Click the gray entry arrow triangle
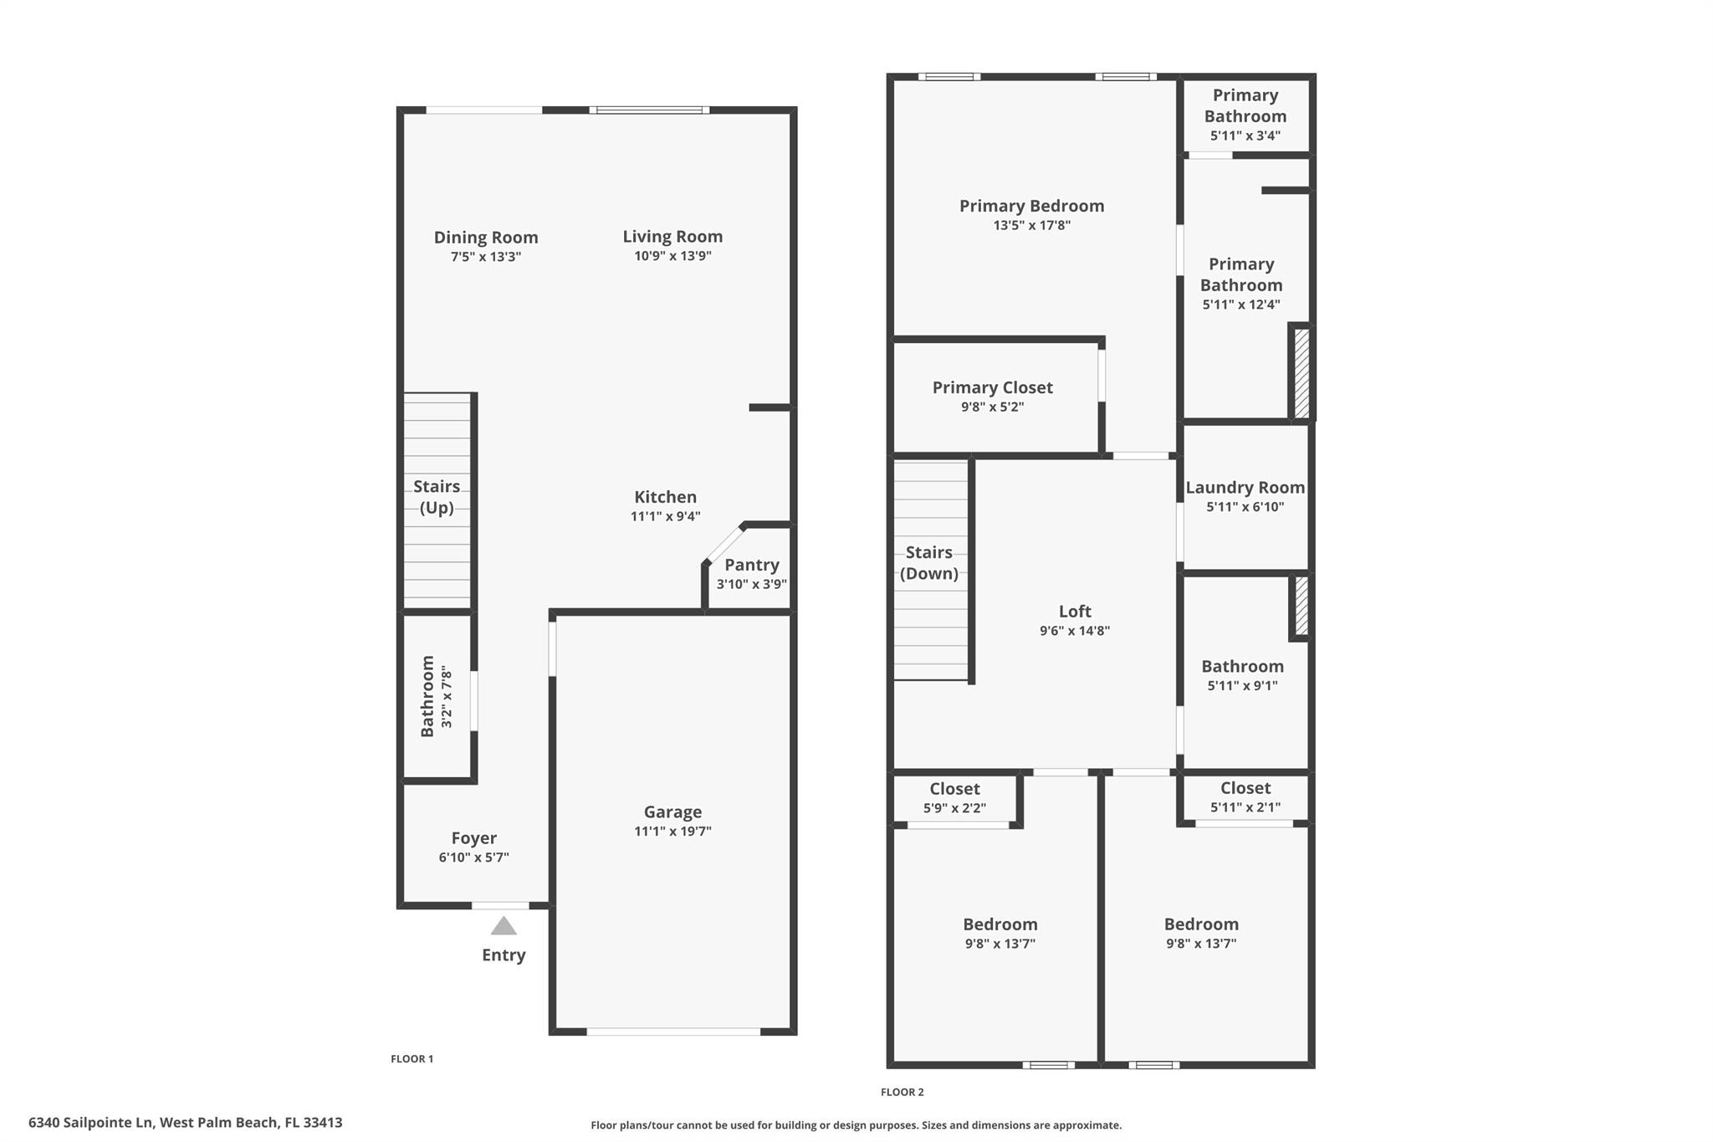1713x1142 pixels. [504, 925]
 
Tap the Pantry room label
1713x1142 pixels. [752, 565]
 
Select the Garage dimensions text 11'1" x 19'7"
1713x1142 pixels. [672, 831]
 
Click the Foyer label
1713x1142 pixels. [474, 837]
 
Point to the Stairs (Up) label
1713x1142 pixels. [437, 497]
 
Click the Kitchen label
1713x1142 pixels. [665, 496]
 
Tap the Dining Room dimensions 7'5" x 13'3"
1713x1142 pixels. [486, 257]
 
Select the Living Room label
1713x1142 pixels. [672, 237]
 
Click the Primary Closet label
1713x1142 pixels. [993, 387]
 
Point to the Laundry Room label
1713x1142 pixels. [1245, 487]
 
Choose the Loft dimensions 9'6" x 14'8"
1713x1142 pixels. [1075, 631]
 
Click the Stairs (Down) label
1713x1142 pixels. [929, 563]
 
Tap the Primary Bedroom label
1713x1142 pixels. [1032, 206]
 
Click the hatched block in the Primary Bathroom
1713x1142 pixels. [1302, 373]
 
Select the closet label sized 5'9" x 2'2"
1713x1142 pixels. [954, 789]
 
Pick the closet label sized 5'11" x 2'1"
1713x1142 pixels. [1245, 788]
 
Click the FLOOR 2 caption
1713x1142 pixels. [903, 1092]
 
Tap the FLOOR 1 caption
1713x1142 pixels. [412, 1059]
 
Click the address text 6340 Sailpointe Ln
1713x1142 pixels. [90, 1123]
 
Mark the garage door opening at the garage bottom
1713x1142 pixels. [673, 1032]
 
